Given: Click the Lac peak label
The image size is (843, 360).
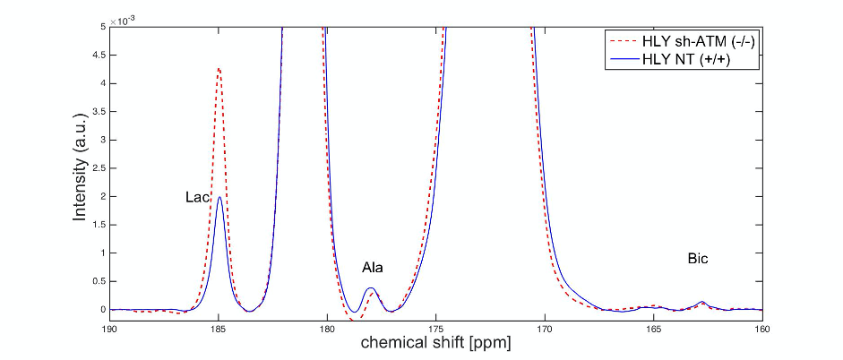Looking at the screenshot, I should pyautogui.click(x=197, y=197).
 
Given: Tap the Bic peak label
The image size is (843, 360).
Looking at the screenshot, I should pyautogui.click(x=699, y=259).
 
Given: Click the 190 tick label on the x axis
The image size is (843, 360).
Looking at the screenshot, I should pyautogui.click(x=109, y=328).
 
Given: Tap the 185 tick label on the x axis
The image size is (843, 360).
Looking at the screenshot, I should pyautogui.click(x=219, y=328).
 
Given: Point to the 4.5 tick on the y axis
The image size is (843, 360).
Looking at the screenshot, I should pyautogui.click(x=98, y=56).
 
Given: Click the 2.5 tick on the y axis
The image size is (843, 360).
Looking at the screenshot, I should pyautogui.click(x=98, y=168).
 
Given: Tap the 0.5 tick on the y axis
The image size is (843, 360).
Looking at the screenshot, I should pyautogui.click(x=98, y=281).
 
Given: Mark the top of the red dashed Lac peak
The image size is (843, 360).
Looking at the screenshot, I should pyautogui.click(x=219, y=68).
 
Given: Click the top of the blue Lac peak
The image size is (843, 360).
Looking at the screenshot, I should pyautogui.click(x=219, y=197).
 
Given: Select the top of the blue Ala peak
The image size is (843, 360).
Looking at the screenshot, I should pyautogui.click(x=371, y=287).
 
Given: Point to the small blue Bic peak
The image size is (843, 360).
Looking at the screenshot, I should pyautogui.click(x=702, y=302).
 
